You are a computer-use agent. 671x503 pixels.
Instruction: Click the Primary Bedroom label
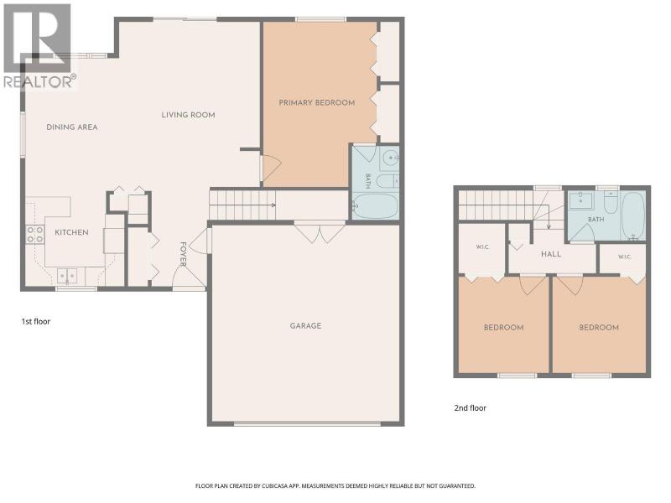click(x=317, y=102)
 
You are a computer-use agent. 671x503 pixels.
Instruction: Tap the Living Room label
click(x=188, y=115)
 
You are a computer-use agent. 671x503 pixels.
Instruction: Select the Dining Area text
click(x=72, y=127)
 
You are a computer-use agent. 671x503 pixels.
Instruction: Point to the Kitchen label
click(x=71, y=232)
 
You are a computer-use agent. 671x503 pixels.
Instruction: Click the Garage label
click(x=305, y=326)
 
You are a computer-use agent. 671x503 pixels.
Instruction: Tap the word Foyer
click(x=183, y=254)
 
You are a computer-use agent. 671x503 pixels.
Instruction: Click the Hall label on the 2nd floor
click(x=551, y=254)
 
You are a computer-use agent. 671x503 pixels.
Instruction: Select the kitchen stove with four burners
click(x=35, y=235)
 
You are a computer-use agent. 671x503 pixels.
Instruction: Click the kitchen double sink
click(x=67, y=276)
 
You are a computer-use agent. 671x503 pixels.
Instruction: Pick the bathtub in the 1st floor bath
click(x=375, y=206)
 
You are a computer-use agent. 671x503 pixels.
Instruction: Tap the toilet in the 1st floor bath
click(x=388, y=181)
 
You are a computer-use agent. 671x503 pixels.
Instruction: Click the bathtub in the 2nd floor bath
click(x=633, y=215)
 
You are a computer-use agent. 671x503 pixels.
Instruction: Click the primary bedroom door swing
click(x=271, y=168)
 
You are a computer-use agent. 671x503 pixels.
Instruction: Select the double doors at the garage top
click(x=320, y=233)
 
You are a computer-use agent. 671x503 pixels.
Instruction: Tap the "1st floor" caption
click(x=36, y=321)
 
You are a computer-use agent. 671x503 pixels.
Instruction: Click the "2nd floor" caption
click(x=470, y=408)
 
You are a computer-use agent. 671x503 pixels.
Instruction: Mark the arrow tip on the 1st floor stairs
click(x=275, y=205)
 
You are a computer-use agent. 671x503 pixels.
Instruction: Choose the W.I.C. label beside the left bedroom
click(x=482, y=246)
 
